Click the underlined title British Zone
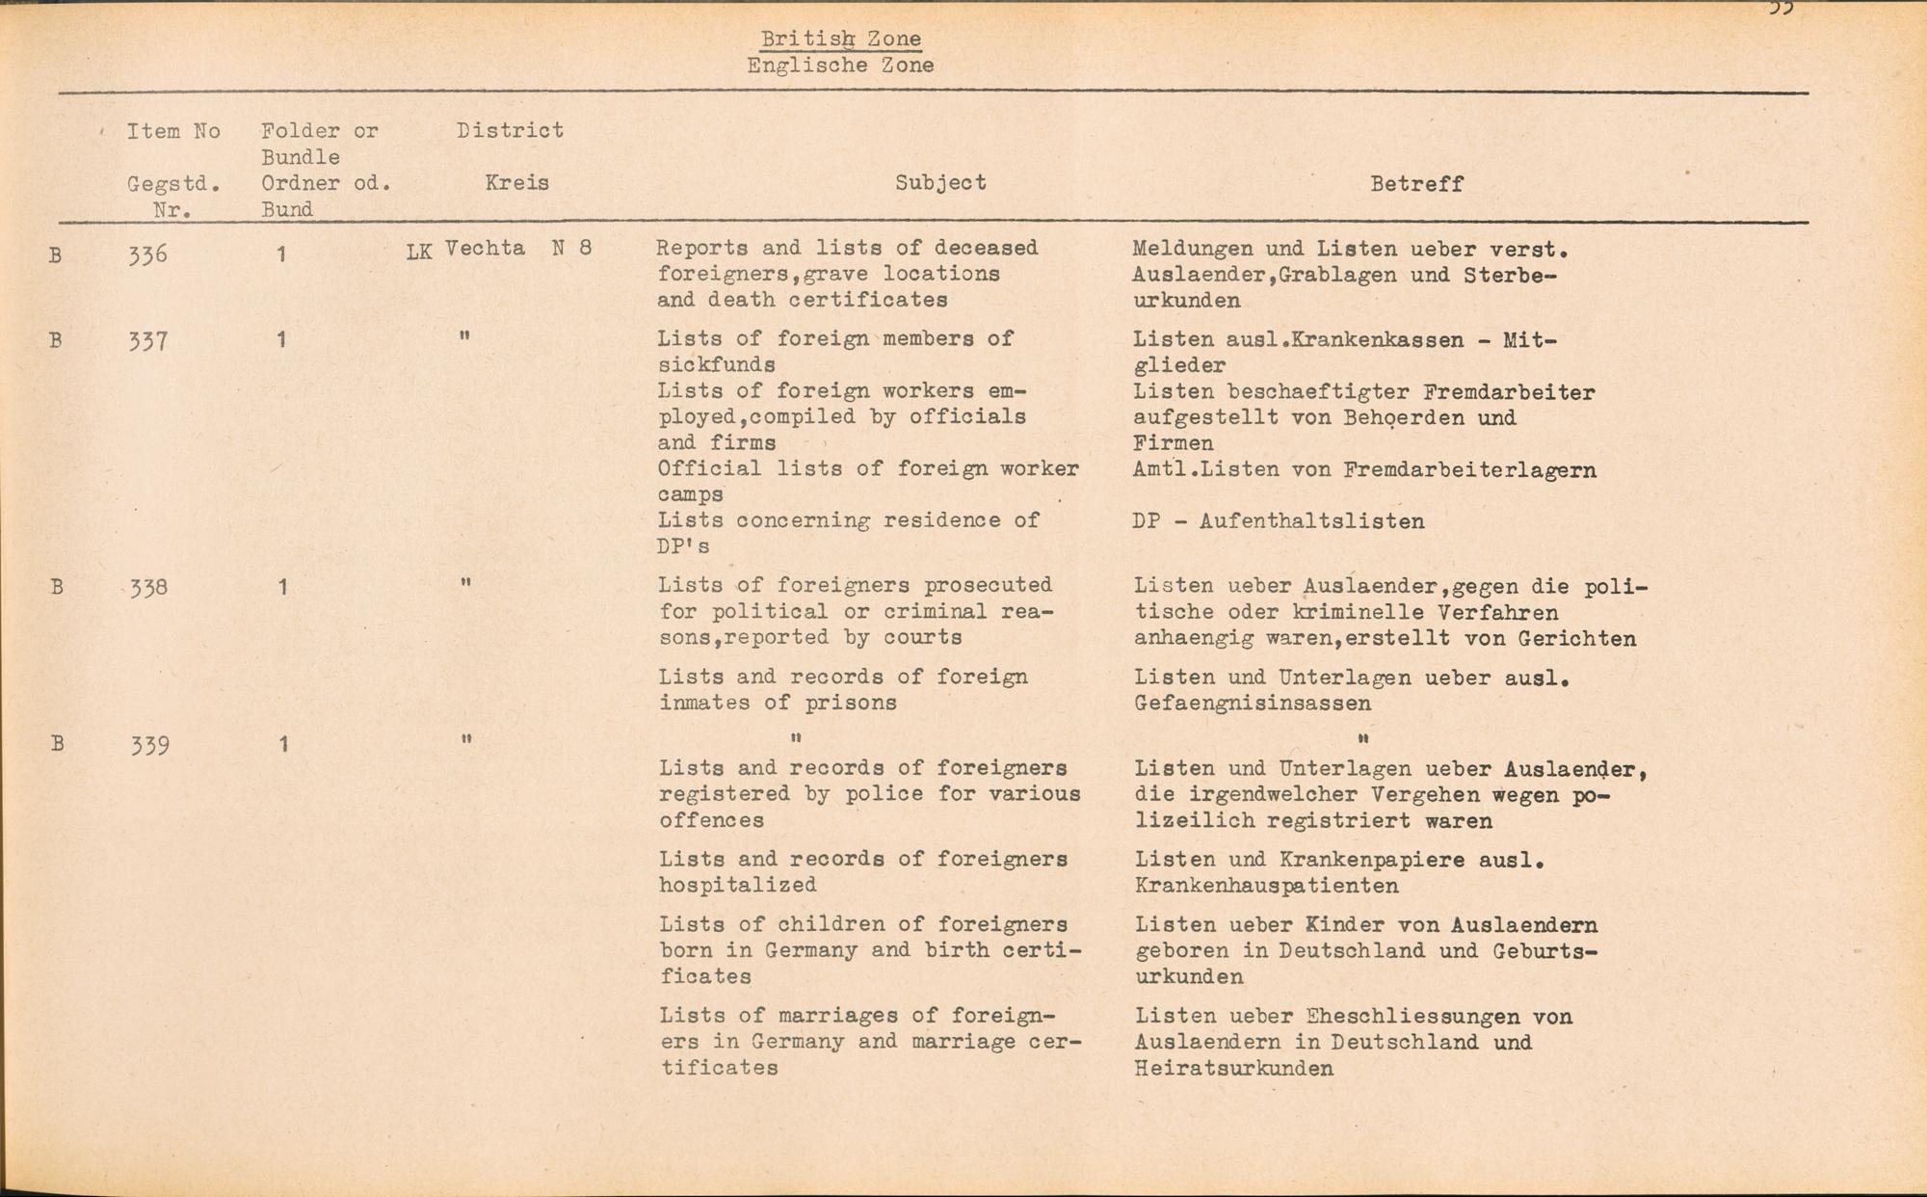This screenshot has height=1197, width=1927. point(840,39)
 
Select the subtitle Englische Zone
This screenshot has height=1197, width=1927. point(840,66)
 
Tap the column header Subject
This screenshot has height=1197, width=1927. point(940,182)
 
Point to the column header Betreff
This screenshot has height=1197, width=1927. point(1416,183)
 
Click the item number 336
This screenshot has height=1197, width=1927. point(147,255)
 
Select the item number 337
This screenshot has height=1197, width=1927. point(147,340)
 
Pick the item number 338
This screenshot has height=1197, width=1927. point(149,587)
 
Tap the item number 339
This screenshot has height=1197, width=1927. point(150,745)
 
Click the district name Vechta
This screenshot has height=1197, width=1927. point(485,249)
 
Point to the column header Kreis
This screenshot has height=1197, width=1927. point(517,182)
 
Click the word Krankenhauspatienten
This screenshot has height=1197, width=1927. point(1267,886)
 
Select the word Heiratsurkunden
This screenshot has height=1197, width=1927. point(1234,1069)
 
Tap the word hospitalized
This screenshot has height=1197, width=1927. point(738,885)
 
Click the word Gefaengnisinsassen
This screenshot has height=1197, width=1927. point(1253,704)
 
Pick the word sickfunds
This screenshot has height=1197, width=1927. point(717,365)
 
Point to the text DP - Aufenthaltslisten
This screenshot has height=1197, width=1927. point(1279,521)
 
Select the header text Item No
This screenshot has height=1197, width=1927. point(173,131)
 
